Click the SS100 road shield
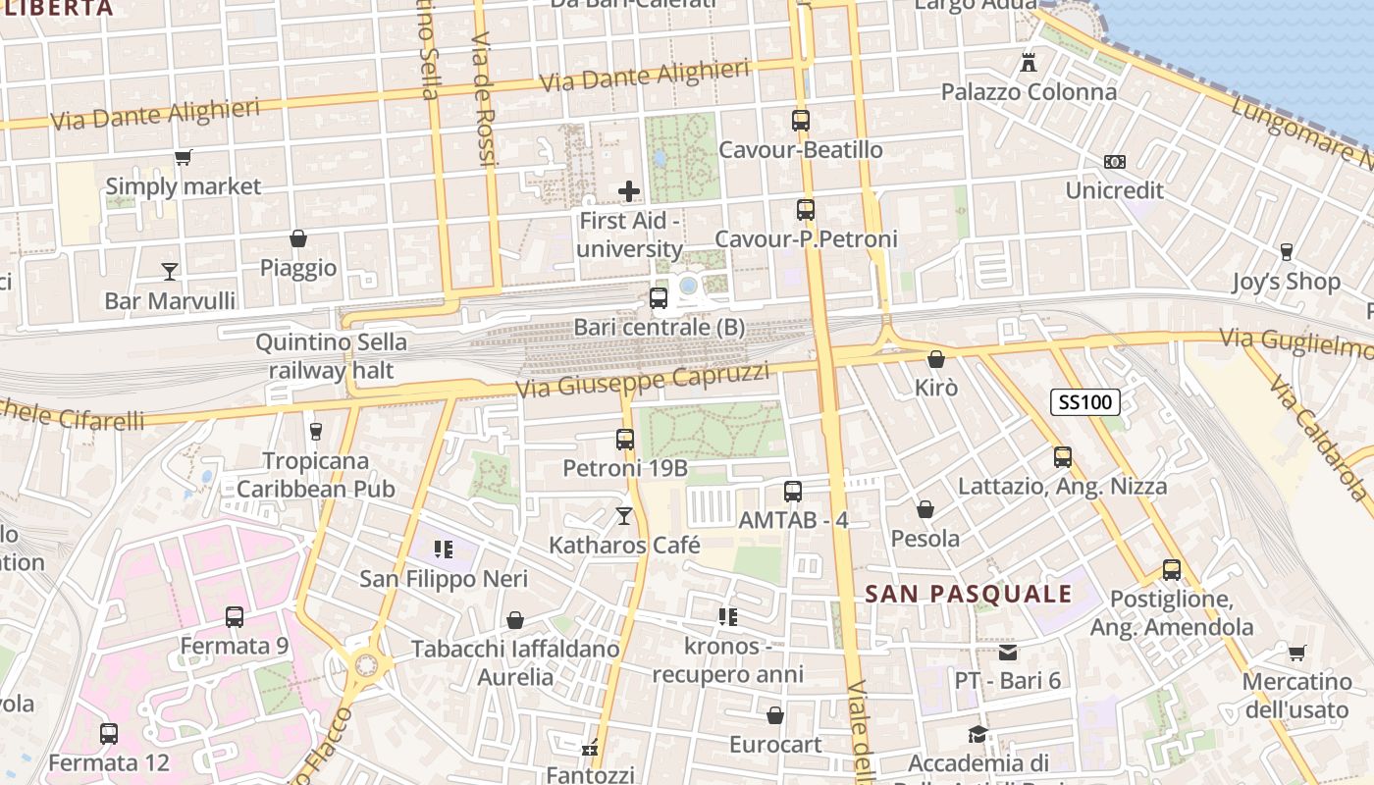(1084, 401)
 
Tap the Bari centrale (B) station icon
(658, 297)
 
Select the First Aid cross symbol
(629, 190)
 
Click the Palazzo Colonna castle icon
(1029, 63)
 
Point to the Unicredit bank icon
(1114, 162)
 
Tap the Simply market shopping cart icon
(183, 157)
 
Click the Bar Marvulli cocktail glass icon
(170, 271)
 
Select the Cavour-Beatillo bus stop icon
(801, 121)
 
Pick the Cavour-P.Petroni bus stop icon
(805, 209)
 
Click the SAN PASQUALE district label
(969, 594)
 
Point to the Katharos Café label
(624, 546)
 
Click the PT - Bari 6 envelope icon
(1008, 653)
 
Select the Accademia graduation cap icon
(978, 734)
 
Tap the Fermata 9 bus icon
(234, 616)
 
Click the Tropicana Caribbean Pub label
(316, 475)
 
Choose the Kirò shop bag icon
(935, 359)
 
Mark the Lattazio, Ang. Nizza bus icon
(1062, 456)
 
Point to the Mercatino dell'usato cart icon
(1296, 653)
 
